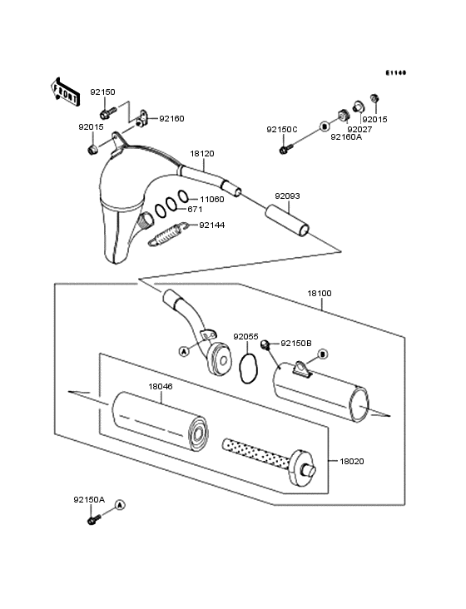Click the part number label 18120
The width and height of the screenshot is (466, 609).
[202, 154]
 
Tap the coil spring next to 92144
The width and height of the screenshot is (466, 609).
[166, 233]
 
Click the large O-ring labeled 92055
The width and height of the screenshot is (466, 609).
[246, 367]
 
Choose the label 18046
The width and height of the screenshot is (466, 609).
[161, 386]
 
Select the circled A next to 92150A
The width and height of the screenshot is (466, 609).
[119, 504]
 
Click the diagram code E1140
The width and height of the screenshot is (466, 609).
[395, 72]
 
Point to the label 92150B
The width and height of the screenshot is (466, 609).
[295, 343]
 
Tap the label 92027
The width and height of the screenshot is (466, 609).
[359, 129]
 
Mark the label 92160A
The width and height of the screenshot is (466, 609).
[346, 137]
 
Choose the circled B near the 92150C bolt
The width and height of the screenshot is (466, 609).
[323, 126]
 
